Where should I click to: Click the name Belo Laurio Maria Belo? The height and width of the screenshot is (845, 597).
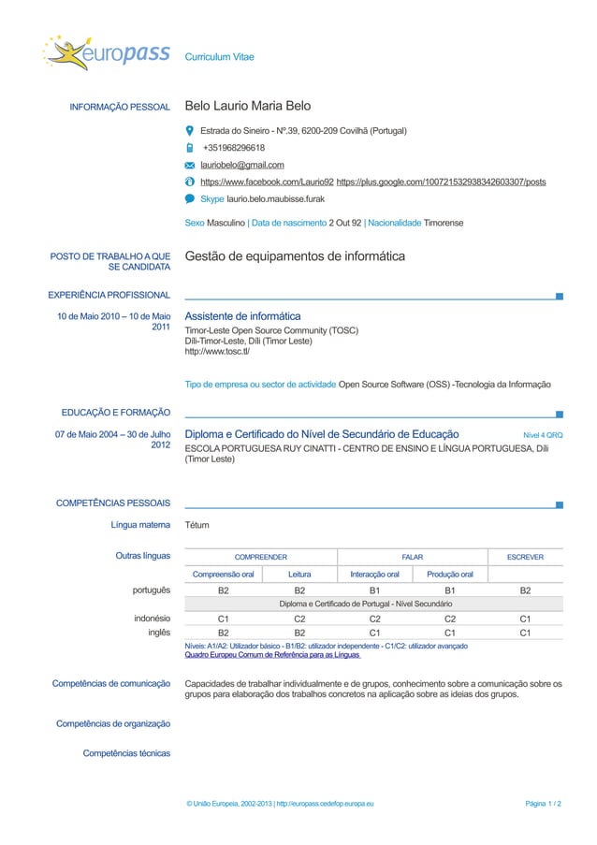[x=248, y=107]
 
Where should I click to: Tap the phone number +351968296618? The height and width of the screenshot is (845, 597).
[x=234, y=148]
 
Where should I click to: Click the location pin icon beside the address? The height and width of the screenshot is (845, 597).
[x=190, y=131]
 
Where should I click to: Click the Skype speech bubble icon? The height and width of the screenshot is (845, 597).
[x=190, y=199]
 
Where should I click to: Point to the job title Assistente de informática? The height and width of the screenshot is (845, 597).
[x=243, y=316]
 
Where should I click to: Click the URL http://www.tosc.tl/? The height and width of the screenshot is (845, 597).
[x=217, y=352]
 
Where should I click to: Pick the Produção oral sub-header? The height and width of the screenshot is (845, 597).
[x=450, y=574]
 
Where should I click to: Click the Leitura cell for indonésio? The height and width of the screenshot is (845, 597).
[x=299, y=619]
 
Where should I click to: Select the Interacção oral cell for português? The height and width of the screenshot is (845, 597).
[x=374, y=591]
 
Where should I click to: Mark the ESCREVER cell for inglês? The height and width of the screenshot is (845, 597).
[x=525, y=633]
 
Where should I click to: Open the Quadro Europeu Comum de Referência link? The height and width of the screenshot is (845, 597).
[x=272, y=655]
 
